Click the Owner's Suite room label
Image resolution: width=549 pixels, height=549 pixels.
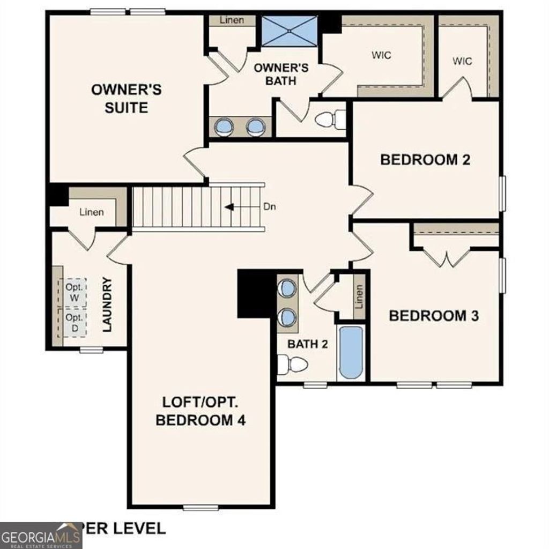pyautogui.click(x=126, y=98)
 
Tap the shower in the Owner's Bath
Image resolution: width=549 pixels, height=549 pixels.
pyautogui.click(x=290, y=32)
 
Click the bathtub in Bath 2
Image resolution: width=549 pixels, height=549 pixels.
pyautogui.click(x=351, y=353)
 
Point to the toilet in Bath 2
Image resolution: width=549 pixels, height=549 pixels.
pyautogui.click(x=293, y=365)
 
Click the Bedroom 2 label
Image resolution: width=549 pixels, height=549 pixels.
pyautogui.click(x=425, y=159)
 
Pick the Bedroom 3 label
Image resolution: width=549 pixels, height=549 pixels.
pyautogui.click(x=434, y=315)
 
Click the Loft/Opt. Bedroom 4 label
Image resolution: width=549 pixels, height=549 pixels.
pyautogui.click(x=201, y=411)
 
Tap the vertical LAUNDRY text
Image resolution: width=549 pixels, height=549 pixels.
pyautogui.click(x=107, y=305)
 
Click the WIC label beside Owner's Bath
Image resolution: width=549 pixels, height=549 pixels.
pyautogui.click(x=381, y=55)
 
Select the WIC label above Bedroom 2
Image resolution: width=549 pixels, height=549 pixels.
pyautogui.click(x=462, y=61)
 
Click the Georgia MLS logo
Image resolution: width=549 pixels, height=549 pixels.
pyautogui.click(x=41, y=536)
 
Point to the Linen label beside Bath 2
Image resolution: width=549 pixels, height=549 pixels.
pyautogui.click(x=359, y=296)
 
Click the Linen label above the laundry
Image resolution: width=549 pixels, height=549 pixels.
pyautogui.click(x=92, y=212)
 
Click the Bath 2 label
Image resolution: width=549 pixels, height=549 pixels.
pyautogui.click(x=307, y=344)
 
